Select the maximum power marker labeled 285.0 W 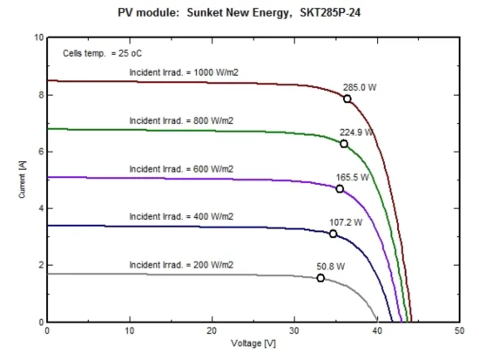347,98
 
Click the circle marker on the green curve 344,144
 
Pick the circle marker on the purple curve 340,189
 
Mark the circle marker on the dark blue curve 334,234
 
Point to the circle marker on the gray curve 320,278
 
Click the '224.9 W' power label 356,132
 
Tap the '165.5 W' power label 353,177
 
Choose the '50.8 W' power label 330,267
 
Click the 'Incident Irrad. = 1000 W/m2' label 184,72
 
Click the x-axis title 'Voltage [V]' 253,343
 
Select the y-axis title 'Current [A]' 22,180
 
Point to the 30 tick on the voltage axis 294,332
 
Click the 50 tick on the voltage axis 459,332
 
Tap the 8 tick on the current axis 38,95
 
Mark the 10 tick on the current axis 37,38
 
